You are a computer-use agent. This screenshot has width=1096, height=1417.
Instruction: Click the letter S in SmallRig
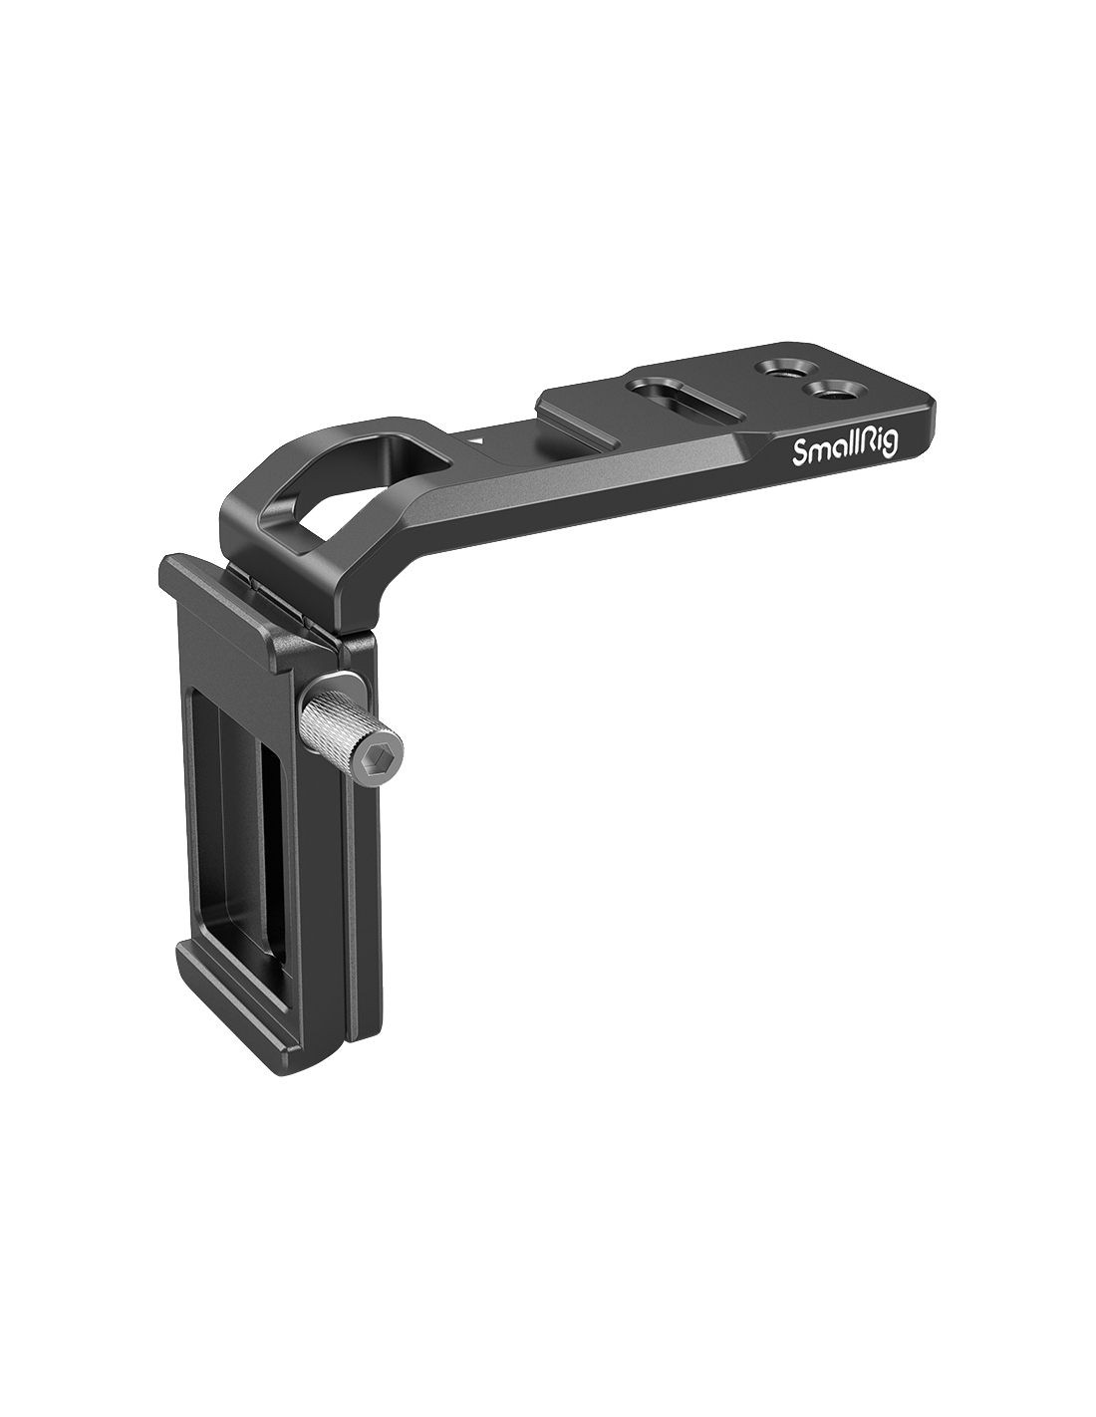799,452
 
